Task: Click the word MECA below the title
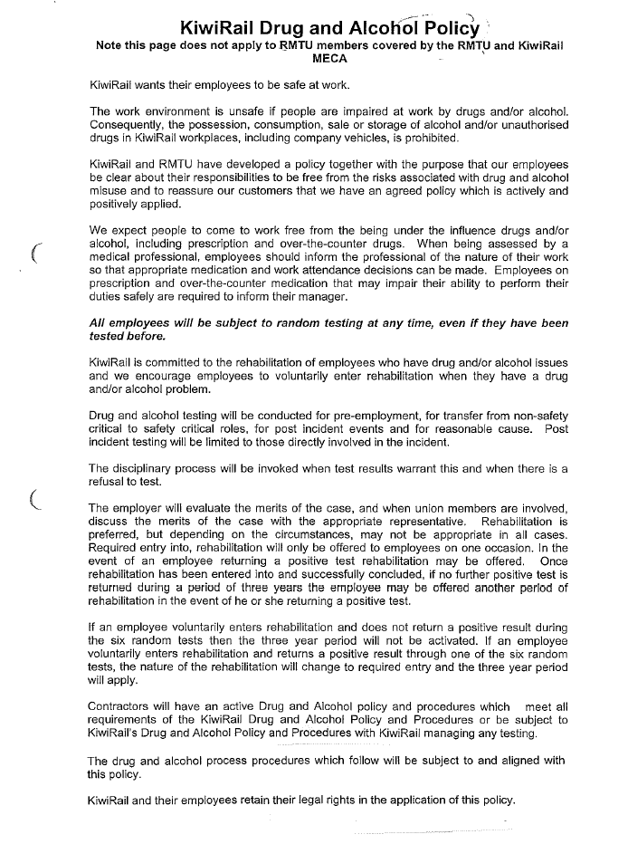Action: (329, 57)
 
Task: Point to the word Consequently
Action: (129, 125)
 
